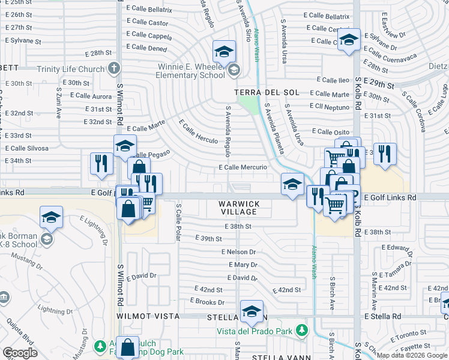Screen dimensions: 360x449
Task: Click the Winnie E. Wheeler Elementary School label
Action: pos(191,71)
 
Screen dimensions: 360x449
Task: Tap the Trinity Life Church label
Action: pos(71,69)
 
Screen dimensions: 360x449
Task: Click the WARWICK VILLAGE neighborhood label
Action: pos(239,208)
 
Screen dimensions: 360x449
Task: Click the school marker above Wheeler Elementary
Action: pos(223,52)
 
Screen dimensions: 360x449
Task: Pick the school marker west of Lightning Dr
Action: pos(52,218)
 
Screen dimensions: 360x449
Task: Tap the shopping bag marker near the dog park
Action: pos(127,347)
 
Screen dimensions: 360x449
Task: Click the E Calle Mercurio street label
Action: pos(243,167)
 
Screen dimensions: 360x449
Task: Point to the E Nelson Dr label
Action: pos(238,253)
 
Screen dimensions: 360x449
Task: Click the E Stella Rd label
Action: pos(382,316)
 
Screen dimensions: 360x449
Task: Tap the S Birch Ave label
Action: pos(332,293)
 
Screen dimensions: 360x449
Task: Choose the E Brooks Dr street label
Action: pos(207,302)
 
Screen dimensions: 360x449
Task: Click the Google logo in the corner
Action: pos(20,353)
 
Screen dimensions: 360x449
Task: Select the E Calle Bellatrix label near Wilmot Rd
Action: pos(149,10)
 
